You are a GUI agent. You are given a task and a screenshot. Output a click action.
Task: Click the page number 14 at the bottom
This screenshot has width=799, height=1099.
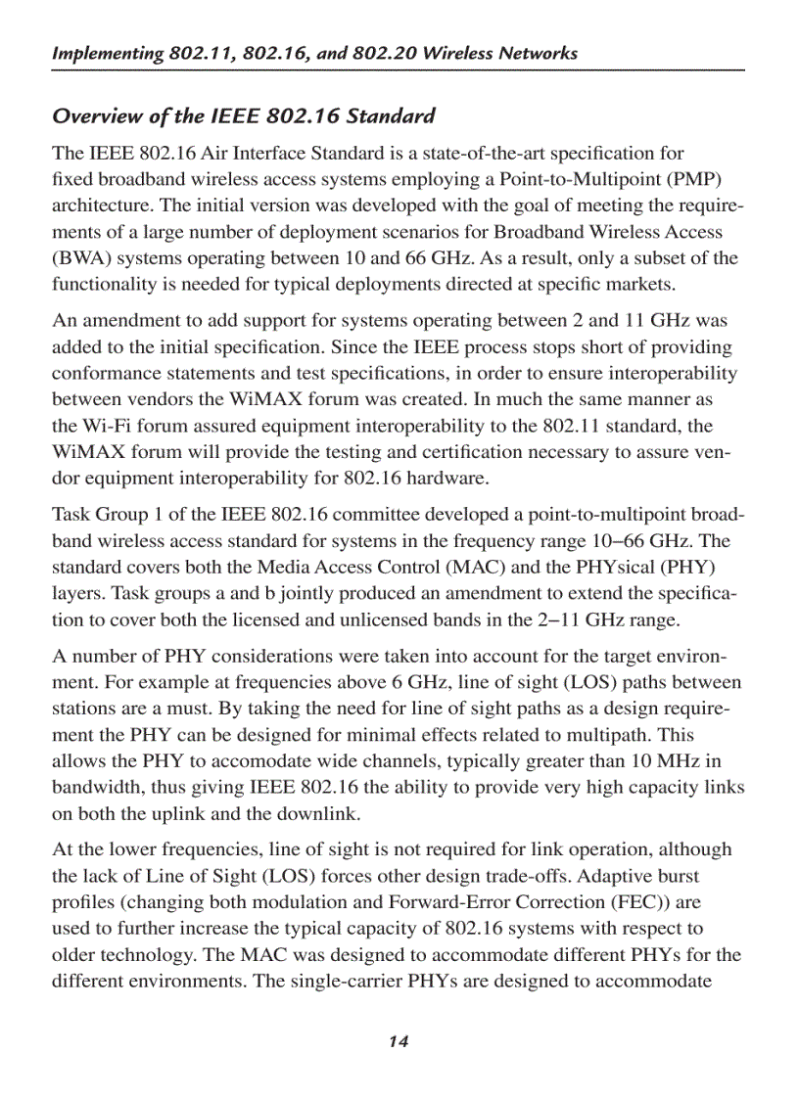click(398, 1041)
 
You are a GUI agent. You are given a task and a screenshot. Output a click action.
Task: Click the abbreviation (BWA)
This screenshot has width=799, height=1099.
click(82, 258)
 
